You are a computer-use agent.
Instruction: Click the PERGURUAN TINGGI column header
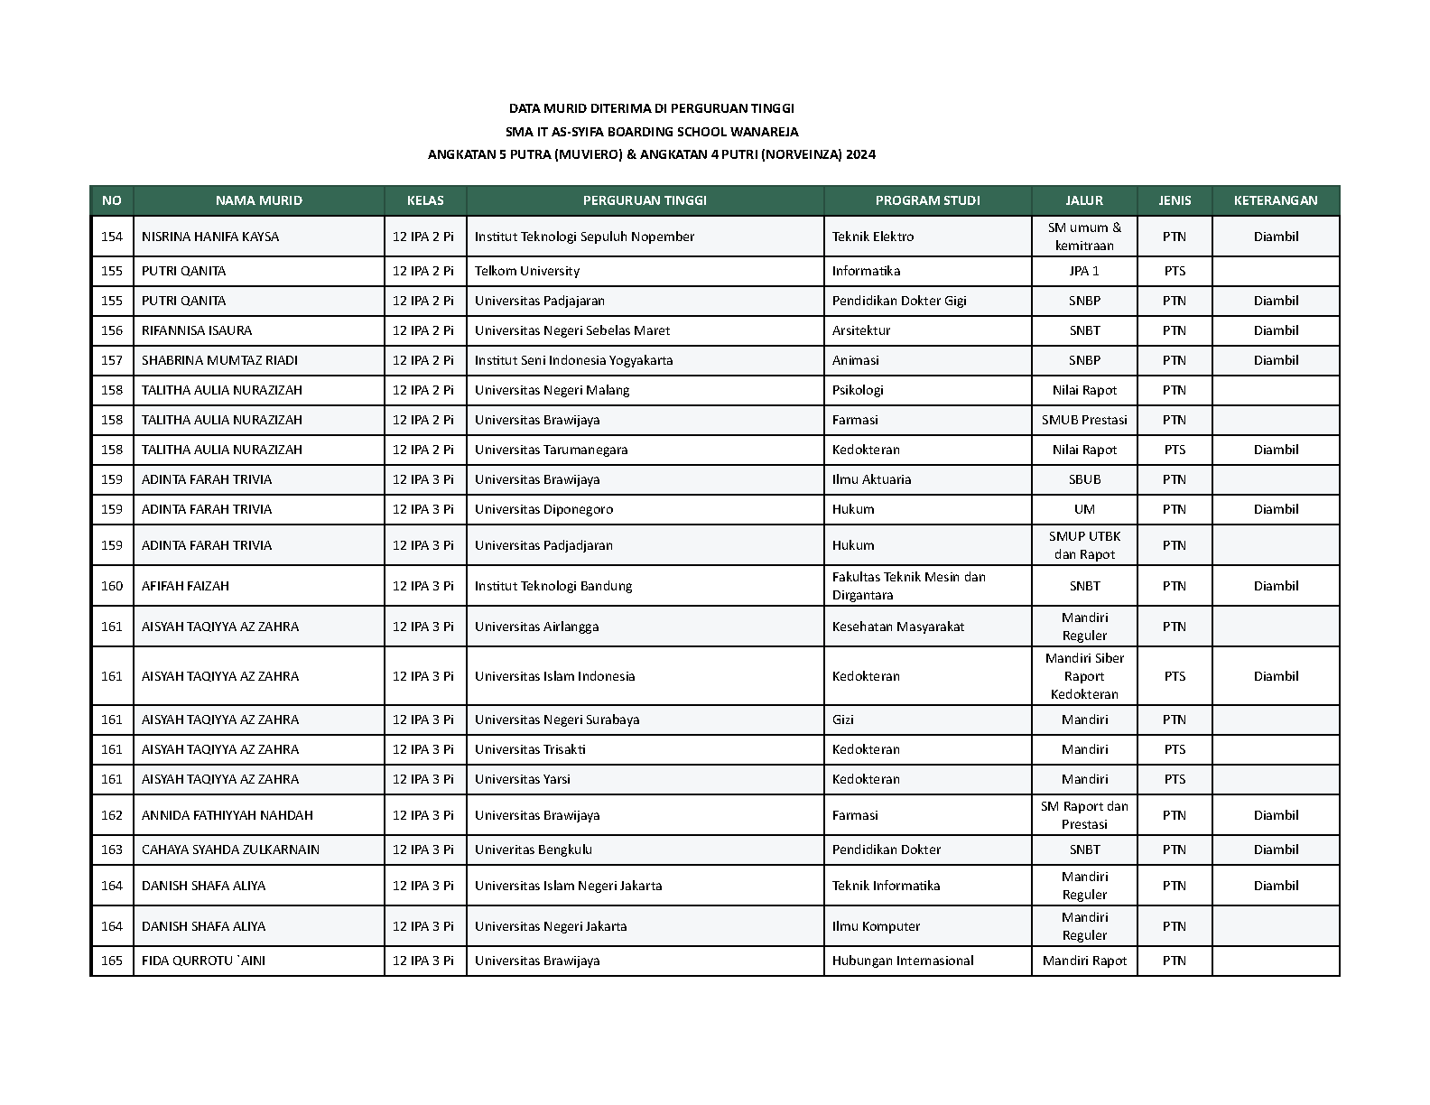pos(645,200)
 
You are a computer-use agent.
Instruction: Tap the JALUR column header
pos(1084,200)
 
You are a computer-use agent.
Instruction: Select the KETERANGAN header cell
pos(1275,200)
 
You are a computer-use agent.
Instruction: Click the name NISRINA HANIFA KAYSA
pos(210,237)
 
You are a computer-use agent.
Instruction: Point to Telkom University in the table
pos(527,271)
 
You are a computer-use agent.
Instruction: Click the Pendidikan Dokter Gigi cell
pos(899,301)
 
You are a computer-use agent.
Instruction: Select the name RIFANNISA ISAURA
pos(197,330)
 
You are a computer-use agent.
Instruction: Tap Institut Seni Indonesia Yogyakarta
pos(573,360)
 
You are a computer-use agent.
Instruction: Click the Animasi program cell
pos(856,360)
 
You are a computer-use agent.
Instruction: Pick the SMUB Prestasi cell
pos(1084,420)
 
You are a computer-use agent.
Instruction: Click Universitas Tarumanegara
pos(551,450)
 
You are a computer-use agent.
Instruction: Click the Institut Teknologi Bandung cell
pos(553,586)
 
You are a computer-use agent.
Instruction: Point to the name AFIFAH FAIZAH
pos(185,586)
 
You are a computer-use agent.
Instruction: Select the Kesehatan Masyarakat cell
pos(898,627)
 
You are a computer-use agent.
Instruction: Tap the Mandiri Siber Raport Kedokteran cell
pos(1084,676)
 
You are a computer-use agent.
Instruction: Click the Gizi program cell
pos(843,720)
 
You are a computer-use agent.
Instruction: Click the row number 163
pos(112,850)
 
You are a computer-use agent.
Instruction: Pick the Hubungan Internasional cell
pos(903,961)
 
